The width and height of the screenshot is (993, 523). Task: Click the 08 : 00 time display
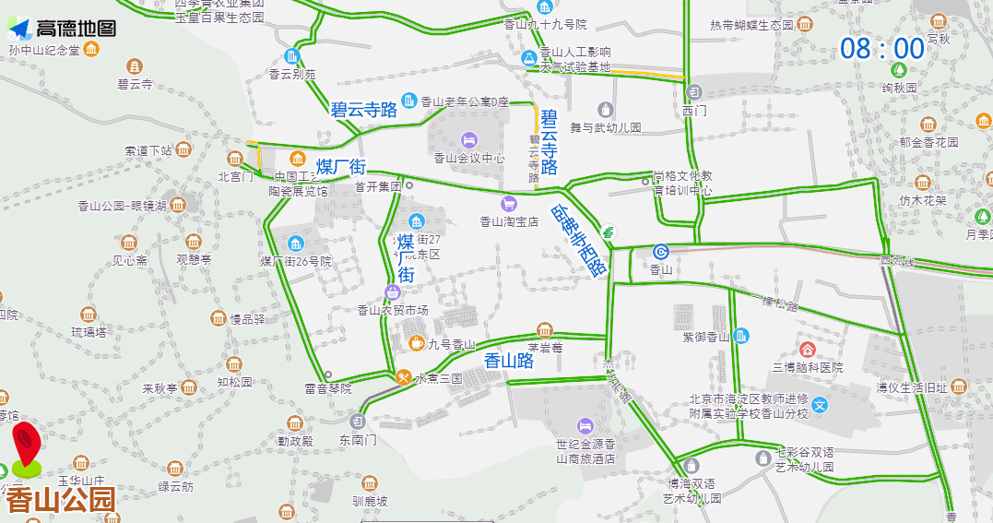tap(882, 49)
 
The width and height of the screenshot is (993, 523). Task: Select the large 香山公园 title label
tap(61, 500)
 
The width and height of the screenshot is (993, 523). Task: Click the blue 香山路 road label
tap(509, 361)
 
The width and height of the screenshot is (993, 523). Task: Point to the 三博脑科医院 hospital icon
tap(808, 350)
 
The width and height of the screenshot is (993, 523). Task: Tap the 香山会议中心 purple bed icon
tap(469, 140)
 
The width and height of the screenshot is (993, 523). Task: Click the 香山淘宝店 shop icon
tap(508, 203)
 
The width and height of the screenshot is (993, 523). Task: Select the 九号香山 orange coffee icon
tap(417, 343)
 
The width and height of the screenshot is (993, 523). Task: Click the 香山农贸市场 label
tap(393, 311)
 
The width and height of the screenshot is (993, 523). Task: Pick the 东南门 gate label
tap(358, 440)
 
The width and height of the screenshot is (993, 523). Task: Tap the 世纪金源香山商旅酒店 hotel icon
tap(585, 425)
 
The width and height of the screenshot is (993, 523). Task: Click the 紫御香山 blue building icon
tap(743, 337)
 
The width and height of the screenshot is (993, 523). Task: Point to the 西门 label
tap(694, 111)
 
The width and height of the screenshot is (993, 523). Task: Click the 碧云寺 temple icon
tap(135, 66)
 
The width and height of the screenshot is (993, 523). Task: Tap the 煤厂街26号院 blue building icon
tap(295, 244)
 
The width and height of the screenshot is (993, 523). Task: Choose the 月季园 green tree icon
tap(983, 217)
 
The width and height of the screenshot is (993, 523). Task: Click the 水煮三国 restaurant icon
tap(404, 377)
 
